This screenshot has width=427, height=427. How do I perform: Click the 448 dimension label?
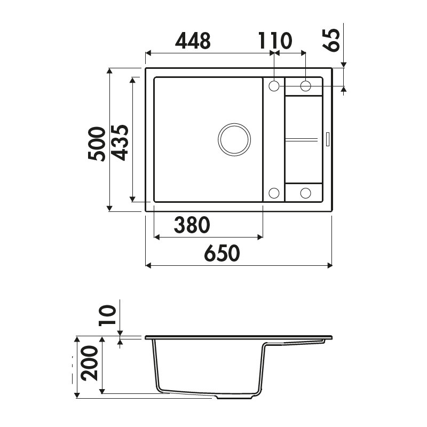click(193, 41)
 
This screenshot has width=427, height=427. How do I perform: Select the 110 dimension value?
click(275, 41)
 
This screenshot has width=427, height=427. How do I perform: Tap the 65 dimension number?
click(332, 39)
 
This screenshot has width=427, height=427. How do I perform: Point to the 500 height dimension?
click(97, 144)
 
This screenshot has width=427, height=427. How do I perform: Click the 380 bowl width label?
click(191, 226)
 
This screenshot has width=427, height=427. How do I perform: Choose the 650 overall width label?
click(222, 254)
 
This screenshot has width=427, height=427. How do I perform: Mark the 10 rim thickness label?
click(107, 315)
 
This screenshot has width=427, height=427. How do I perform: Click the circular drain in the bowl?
click(234, 139)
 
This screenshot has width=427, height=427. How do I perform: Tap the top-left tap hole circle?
click(274, 86)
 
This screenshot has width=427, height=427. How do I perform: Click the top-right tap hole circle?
click(306, 86)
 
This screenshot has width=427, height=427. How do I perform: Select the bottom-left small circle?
click(274, 193)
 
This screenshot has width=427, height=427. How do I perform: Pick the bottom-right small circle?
click(306, 193)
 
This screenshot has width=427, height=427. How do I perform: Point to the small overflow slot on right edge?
click(328, 139)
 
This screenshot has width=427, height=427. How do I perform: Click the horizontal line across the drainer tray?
click(303, 139)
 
